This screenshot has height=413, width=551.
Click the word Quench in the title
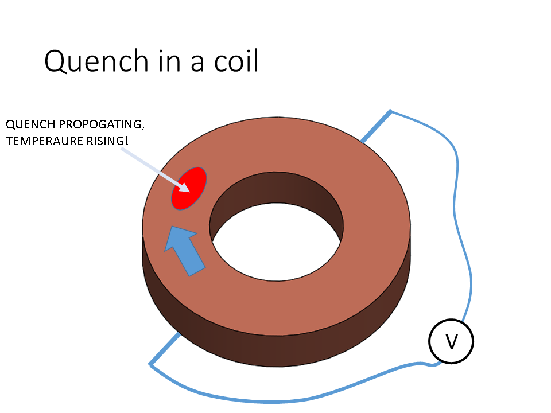tap(91, 61)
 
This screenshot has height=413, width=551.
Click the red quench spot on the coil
tap(189, 188)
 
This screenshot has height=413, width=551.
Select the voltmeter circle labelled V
tap(451, 342)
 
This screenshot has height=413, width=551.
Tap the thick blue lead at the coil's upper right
tap(376, 126)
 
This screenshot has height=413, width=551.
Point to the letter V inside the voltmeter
tap(451, 342)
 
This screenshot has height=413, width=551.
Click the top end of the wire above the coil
tap(391, 111)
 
